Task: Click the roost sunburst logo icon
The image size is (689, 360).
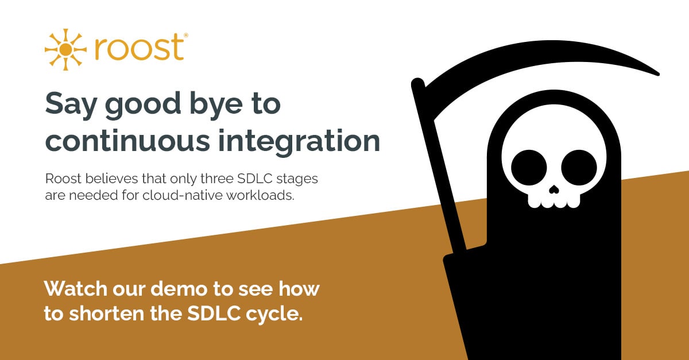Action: point(65,49)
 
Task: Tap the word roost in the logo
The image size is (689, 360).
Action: point(140,47)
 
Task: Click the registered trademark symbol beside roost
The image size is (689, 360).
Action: point(186,36)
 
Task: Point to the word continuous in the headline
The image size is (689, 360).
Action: point(127,140)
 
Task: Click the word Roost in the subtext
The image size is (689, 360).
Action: point(63,179)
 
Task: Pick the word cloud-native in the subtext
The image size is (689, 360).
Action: point(183,195)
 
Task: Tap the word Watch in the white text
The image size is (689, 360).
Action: point(75,289)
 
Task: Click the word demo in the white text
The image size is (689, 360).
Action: point(179,289)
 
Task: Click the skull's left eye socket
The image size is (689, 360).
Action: point(529,168)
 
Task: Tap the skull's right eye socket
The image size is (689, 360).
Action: point(579,168)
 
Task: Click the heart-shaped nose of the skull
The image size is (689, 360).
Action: point(554,189)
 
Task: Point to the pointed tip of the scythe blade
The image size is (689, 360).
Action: point(658,74)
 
